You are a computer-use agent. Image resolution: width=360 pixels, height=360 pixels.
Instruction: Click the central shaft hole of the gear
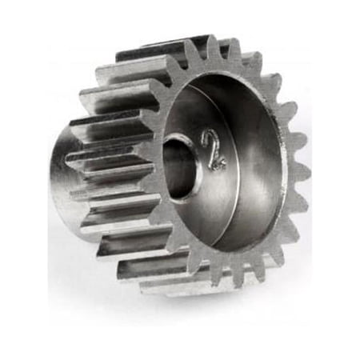[x=178, y=167]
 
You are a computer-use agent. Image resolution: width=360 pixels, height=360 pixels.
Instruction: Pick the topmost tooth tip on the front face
[x=213, y=38]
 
